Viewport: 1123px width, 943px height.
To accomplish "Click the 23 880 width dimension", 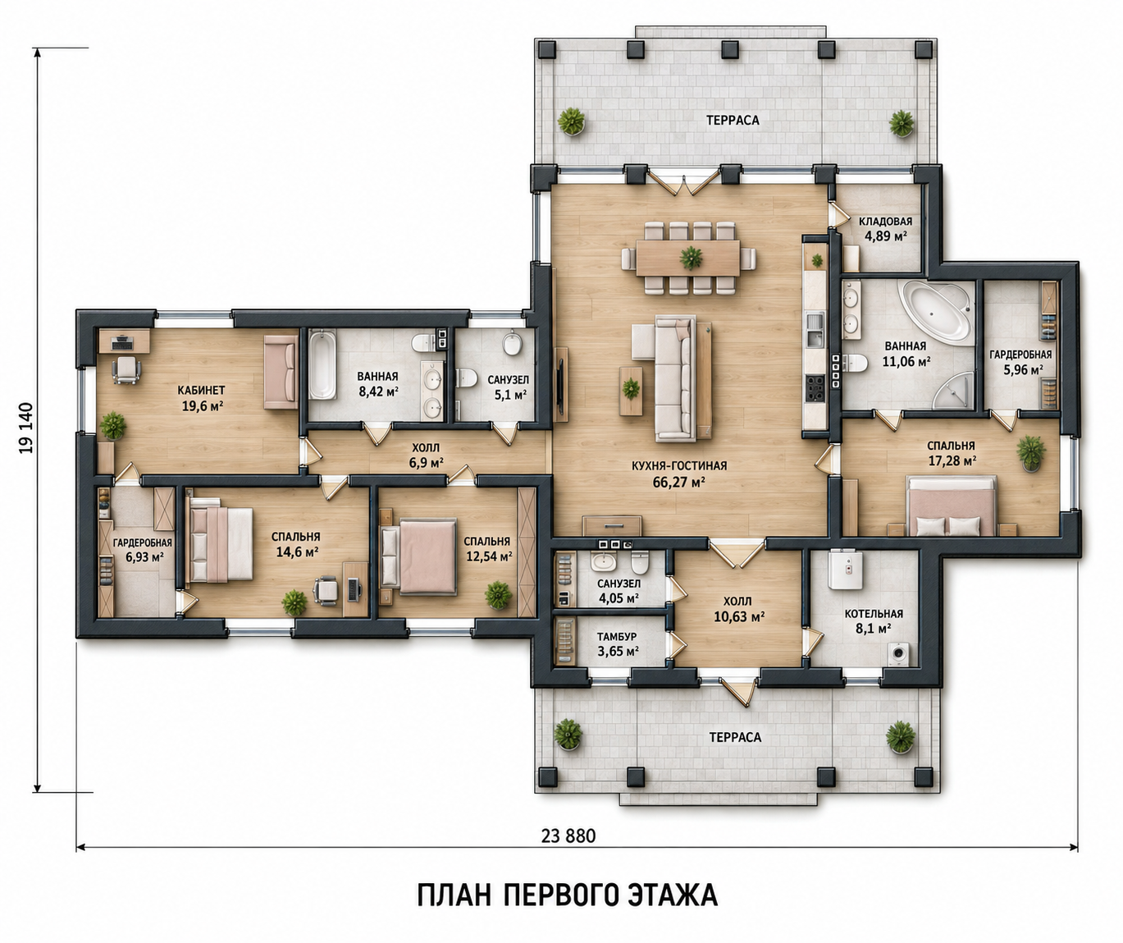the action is pos(568,835).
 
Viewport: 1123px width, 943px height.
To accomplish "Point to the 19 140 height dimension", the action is pos(26,428).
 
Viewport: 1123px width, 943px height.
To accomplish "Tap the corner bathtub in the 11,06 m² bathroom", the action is pos(938,311).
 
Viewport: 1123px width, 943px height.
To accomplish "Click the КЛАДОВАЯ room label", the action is pos(885,222).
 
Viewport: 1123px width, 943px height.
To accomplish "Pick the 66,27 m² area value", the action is pos(678,483).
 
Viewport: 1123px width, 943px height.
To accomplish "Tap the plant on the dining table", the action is pos(691,258).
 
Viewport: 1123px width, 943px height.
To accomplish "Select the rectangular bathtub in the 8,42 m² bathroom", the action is pos(322,364).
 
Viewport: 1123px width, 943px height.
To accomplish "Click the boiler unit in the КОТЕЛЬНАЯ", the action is pos(846,570).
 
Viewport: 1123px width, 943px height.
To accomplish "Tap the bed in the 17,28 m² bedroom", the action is pos(951,506).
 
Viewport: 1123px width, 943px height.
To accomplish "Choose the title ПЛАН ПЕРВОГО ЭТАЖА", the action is pos(568,894).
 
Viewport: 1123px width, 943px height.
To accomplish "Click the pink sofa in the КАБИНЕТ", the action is pos(281,372).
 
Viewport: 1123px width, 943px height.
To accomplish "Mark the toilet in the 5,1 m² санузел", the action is pos(466,378).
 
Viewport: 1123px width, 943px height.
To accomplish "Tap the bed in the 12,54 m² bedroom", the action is pos(419,556).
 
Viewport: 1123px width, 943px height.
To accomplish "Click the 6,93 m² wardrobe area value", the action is pos(144,556).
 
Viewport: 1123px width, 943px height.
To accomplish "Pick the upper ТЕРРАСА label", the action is pos(733,120).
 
